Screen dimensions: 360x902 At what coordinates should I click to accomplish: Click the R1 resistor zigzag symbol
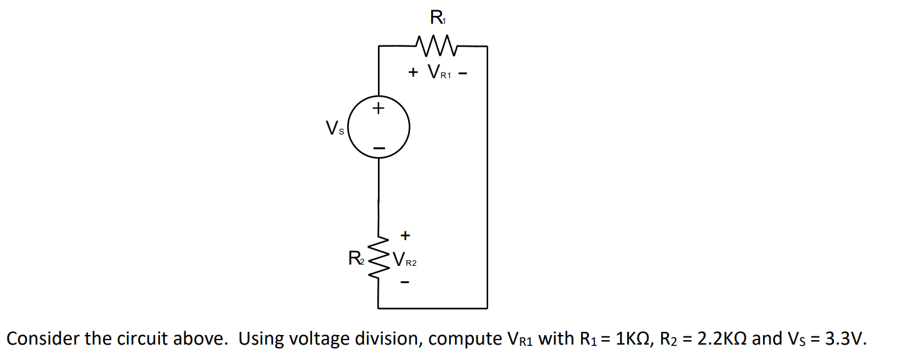435,45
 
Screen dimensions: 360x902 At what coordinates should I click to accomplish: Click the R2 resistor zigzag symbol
382,259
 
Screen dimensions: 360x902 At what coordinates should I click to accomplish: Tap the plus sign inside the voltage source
379,108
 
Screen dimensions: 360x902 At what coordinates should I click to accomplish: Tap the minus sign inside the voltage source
379,149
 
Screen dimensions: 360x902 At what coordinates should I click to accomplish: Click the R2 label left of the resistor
355,259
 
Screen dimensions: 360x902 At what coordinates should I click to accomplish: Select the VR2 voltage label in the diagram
405,260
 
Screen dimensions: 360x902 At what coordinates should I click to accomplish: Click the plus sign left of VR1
413,73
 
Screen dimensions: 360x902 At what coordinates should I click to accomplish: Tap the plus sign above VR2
405,236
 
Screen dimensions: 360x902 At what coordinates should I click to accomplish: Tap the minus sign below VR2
405,281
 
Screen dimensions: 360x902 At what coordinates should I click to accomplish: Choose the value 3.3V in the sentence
843,339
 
